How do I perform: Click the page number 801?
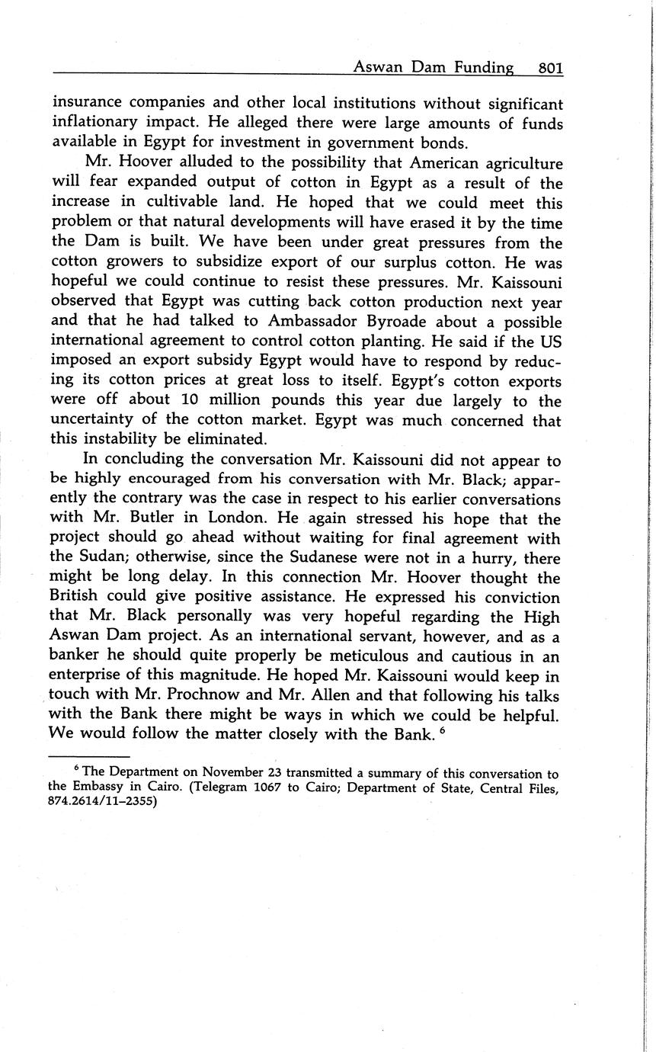click(550, 68)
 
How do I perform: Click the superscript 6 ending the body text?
click(442, 730)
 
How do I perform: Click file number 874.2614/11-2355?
click(102, 802)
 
